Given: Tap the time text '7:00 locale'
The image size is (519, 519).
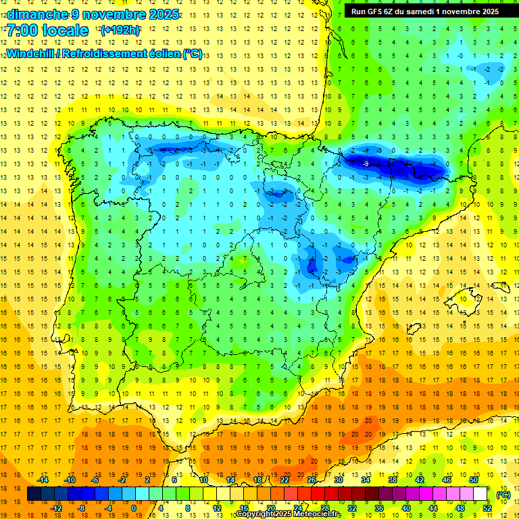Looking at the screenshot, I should coord(47,30).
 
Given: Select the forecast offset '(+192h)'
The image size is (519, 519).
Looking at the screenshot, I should coord(120,30).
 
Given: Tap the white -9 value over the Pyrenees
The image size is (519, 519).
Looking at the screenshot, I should coord(366,164).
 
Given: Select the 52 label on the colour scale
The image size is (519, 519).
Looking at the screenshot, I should coord(487,508).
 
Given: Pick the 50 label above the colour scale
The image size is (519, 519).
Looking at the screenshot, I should coord(474,480).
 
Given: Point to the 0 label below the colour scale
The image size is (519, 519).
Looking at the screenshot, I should coord(134,508).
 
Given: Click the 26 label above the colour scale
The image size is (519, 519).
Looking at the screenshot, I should coord(312,480).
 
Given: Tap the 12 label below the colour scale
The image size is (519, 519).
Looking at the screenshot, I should coord(217,508).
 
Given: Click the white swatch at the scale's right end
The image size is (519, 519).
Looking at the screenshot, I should coord(480,494).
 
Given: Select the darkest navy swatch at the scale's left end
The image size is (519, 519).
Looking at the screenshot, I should coord(34,494).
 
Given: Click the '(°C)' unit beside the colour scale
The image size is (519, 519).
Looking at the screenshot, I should coord(503,495).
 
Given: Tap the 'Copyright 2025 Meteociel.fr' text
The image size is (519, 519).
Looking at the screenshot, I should coord(289,514).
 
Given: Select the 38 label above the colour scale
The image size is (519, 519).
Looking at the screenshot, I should coord(393,480).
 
